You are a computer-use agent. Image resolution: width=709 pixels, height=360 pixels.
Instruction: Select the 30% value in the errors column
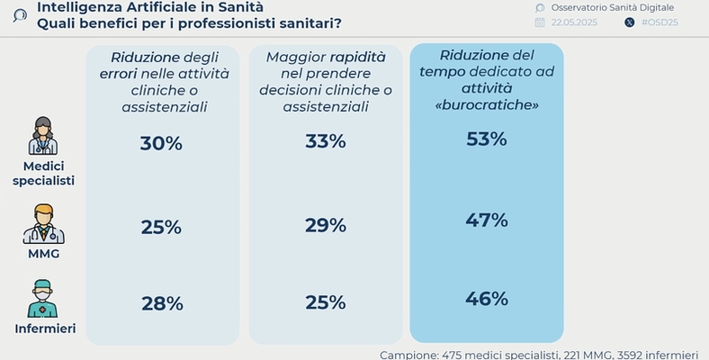[161, 143]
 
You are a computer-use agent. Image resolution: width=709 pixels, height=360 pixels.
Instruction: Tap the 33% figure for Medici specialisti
[325, 141]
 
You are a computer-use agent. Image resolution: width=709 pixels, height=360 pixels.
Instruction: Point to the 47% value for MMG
[487, 220]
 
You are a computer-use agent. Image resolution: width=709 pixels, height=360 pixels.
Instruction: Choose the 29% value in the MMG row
[325, 225]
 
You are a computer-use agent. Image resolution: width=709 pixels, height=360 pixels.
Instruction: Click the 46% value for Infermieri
[487, 299]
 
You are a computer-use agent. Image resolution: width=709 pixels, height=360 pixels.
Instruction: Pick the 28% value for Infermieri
[161, 303]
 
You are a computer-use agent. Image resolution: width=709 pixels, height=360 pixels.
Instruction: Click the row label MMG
[43, 256]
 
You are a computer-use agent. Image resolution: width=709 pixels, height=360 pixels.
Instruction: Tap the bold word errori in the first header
[118, 74]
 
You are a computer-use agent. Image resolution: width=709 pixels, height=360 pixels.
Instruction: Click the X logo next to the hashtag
[628, 22]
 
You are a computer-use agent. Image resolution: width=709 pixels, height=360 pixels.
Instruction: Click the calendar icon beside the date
[540, 22]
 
